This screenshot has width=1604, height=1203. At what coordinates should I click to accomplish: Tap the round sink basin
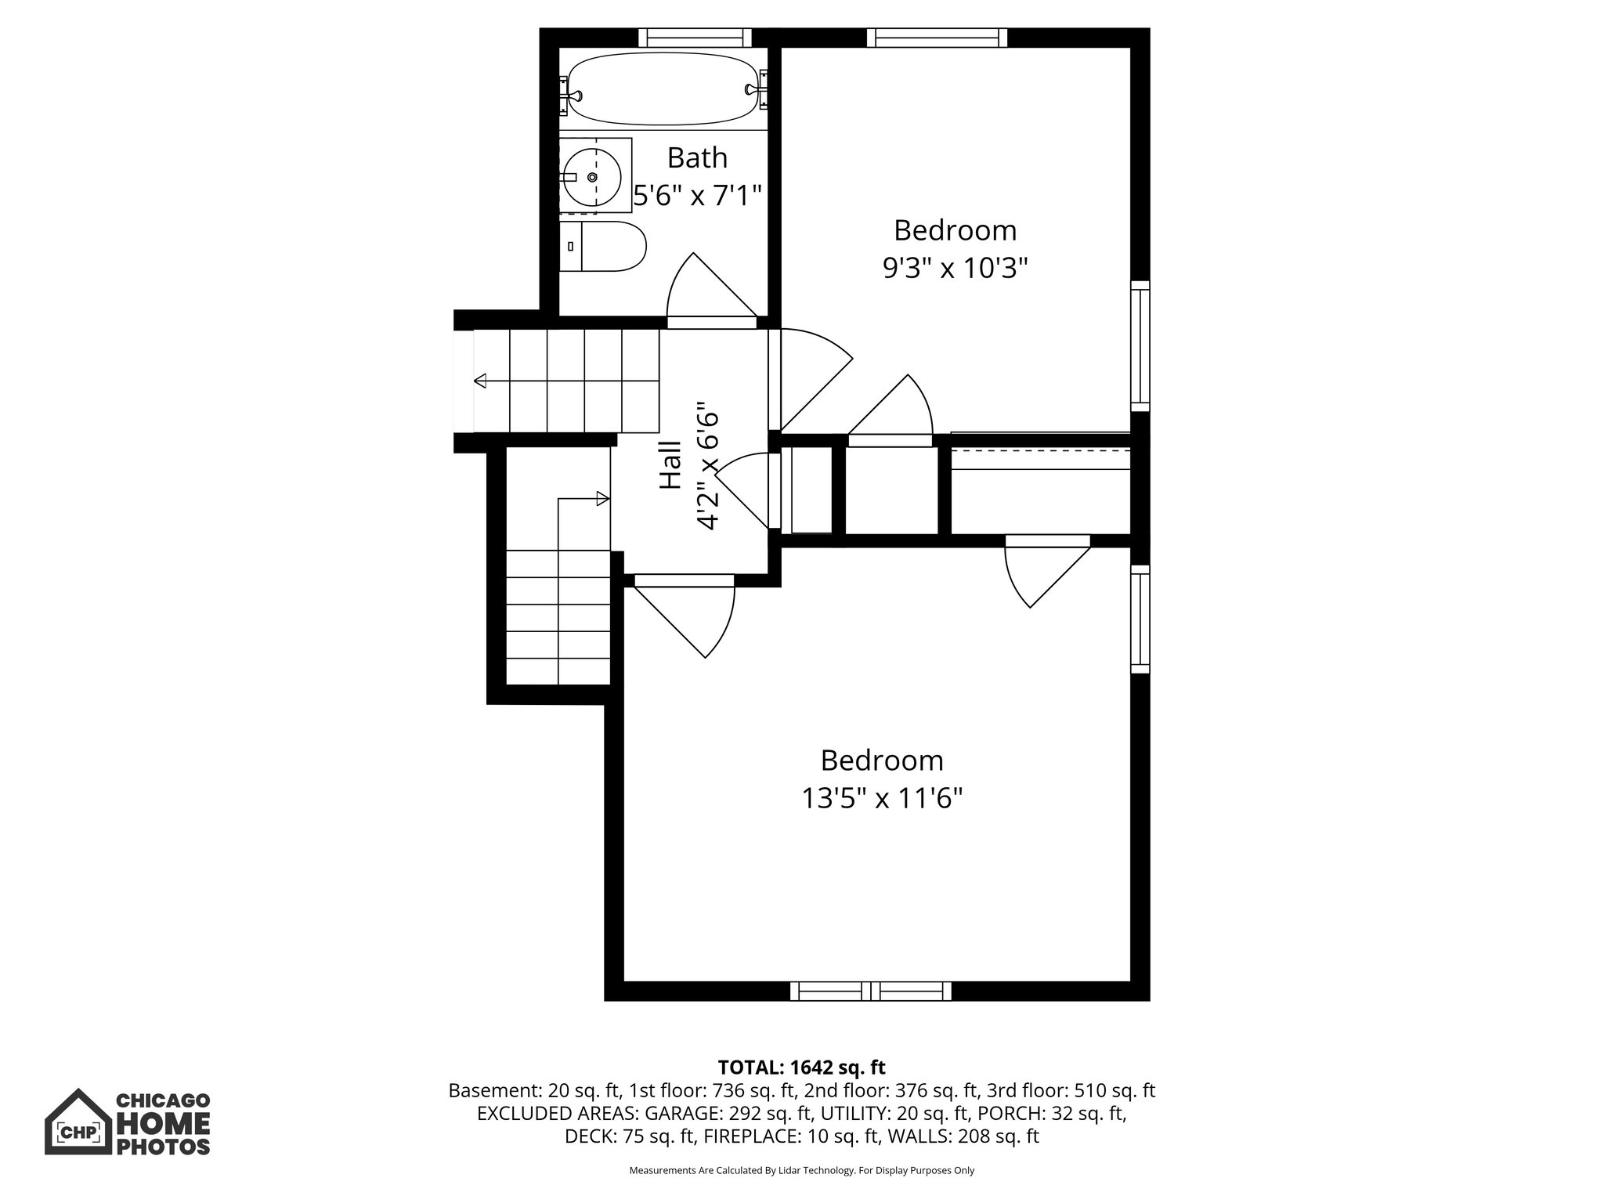pyautogui.click(x=592, y=178)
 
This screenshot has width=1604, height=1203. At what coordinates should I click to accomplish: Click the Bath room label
pyautogui.click(x=697, y=158)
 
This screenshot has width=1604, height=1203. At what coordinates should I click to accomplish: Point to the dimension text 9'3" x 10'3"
pyautogui.click(x=955, y=269)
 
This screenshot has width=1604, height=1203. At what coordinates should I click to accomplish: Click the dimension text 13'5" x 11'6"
pyautogui.click(x=881, y=799)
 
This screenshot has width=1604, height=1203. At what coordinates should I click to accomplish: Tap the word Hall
pyautogui.click(x=670, y=465)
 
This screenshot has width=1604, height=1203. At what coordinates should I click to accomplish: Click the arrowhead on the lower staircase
pyautogui.click(x=602, y=498)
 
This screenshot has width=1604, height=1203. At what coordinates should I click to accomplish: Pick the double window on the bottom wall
pyautogui.click(x=870, y=992)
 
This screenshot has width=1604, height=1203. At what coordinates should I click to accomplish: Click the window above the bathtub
pyautogui.click(x=695, y=38)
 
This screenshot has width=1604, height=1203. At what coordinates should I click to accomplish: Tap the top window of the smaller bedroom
pyautogui.click(x=937, y=38)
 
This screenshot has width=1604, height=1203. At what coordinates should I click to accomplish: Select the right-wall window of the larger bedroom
pyautogui.click(x=1140, y=619)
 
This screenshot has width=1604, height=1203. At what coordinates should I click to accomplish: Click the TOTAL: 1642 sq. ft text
pyautogui.click(x=801, y=1068)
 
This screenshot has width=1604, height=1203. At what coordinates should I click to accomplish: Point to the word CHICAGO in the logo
pyautogui.click(x=163, y=1101)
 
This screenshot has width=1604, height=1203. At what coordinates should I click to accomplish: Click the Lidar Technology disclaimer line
pyautogui.click(x=801, y=1171)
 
